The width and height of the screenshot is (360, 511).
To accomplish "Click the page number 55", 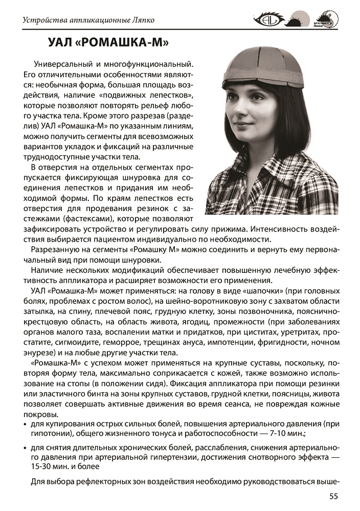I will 332,496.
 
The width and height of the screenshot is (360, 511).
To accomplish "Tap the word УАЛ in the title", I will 60,43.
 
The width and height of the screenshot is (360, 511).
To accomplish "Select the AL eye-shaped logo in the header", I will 269,20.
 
